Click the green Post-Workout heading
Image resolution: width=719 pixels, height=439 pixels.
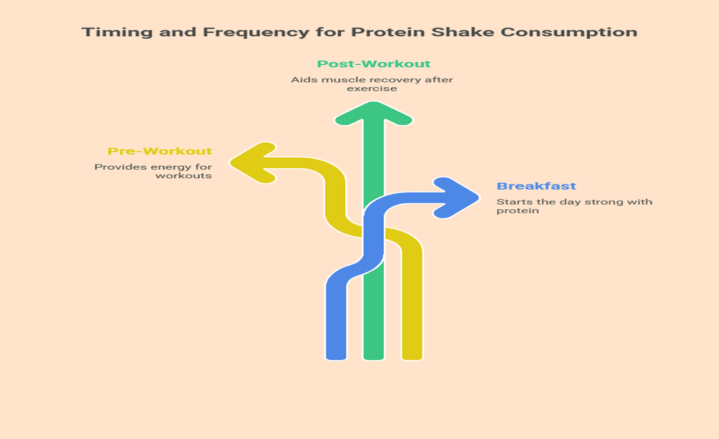373,64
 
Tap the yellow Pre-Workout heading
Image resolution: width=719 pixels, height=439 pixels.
159,152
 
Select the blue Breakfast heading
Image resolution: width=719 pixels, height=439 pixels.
536,186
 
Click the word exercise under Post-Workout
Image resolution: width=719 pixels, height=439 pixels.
373,89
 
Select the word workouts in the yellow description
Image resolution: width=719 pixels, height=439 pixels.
183,176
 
